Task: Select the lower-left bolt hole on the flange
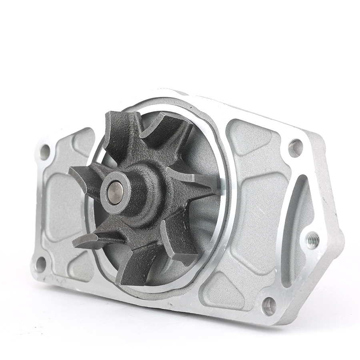tap(40, 264)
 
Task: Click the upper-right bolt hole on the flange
tap(295, 148)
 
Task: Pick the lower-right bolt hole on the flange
tap(269, 306)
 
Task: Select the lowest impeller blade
tap(132, 266)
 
